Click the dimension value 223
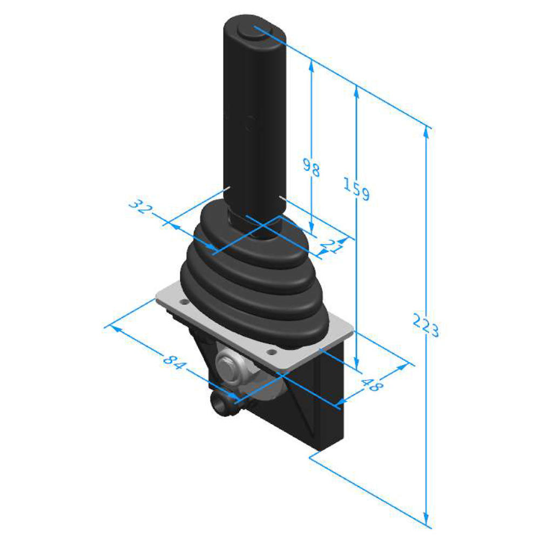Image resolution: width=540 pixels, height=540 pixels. click(426, 326)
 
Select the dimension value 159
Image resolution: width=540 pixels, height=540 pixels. click(356, 188)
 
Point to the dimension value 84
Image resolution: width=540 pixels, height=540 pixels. click(174, 361)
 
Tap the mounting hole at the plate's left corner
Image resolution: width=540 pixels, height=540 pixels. click(184, 302)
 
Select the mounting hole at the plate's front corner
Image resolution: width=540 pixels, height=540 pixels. click(272, 352)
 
